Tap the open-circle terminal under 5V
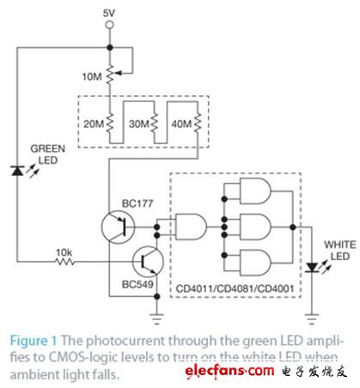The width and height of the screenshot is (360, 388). click(109, 27)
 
